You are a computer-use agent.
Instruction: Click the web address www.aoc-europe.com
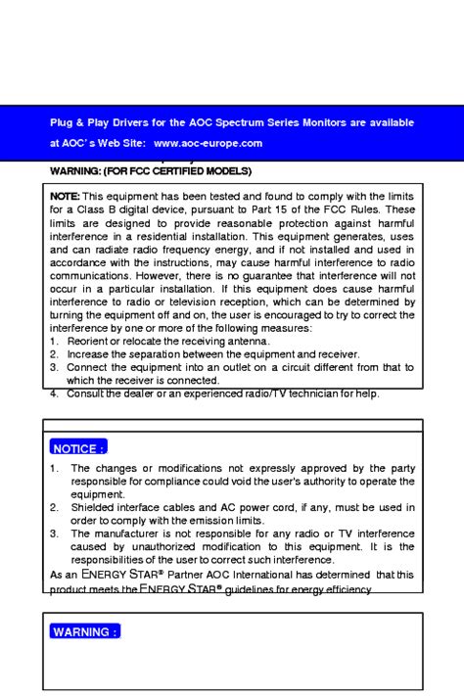coord(208,143)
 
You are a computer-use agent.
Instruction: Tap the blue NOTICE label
coord(78,448)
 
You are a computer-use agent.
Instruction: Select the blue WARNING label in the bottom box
coord(84,631)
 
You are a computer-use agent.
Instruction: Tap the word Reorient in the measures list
coord(88,341)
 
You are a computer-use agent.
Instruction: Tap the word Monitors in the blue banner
coord(327,122)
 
